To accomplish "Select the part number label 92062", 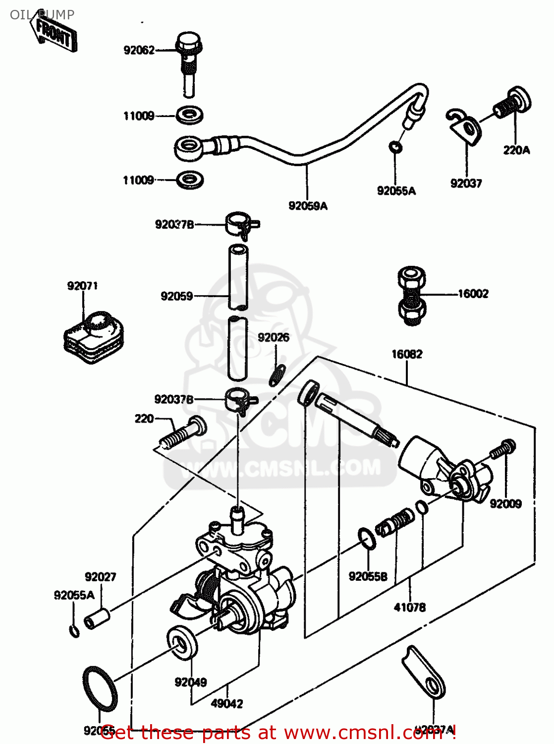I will [x=139, y=50].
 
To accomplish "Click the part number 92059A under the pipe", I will [x=308, y=206].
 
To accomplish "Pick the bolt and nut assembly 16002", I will [x=411, y=296].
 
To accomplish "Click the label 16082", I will [x=407, y=354].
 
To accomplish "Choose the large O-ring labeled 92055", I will [x=99, y=688].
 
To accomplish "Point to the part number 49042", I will [x=226, y=704].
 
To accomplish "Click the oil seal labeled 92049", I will [x=182, y=643].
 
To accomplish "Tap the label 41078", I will [x=409, y=607].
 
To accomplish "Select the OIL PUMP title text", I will [x=42, y=14].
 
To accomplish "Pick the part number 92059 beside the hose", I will [x=176, y=296].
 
